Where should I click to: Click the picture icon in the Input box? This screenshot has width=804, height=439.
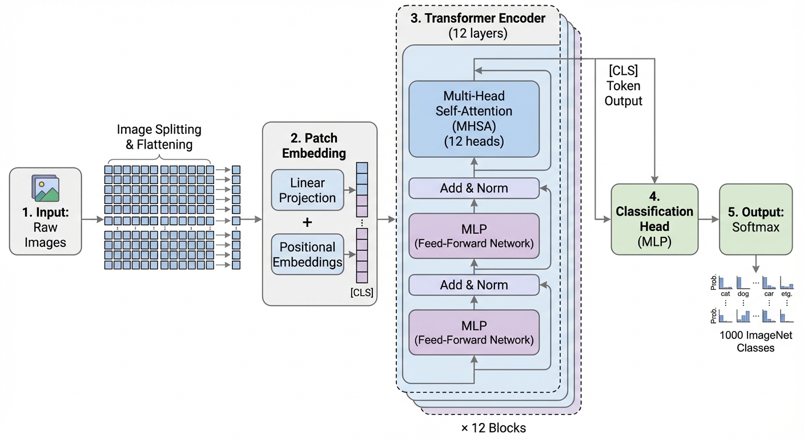46,189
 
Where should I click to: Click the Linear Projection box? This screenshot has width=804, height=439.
307,190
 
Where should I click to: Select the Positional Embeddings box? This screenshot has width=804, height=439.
307,254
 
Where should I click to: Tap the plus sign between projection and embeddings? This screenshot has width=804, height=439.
307,222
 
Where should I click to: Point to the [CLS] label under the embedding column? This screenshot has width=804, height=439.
362,293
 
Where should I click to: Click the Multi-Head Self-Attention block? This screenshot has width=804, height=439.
474,119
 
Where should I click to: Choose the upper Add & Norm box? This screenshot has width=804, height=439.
474,188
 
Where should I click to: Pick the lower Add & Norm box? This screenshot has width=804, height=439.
474,285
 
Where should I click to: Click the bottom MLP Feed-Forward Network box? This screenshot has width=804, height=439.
474,332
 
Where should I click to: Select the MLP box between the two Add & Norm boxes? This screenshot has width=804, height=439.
474,236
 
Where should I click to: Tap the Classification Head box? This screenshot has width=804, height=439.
654,219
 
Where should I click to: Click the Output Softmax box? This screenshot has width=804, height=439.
755,219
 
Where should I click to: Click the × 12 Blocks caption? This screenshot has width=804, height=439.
493,428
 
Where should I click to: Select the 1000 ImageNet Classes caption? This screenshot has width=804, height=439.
755,341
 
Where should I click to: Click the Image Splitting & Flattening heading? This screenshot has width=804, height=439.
159,137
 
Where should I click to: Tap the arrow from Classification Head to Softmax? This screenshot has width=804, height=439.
708,219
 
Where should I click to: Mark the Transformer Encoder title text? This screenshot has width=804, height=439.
478,18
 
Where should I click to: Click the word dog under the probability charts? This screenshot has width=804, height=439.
743,294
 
